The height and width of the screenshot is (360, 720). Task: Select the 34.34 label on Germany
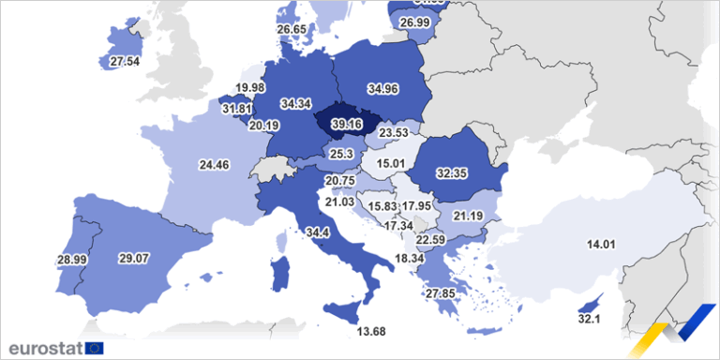294,102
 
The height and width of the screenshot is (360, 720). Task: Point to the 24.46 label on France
215,165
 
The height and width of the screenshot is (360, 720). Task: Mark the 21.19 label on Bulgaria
467,217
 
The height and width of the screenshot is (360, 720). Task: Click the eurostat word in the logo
43,348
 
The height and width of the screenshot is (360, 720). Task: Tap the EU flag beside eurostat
94,348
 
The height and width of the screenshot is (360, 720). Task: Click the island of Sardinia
277,275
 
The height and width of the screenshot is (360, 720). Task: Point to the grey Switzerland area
272,170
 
